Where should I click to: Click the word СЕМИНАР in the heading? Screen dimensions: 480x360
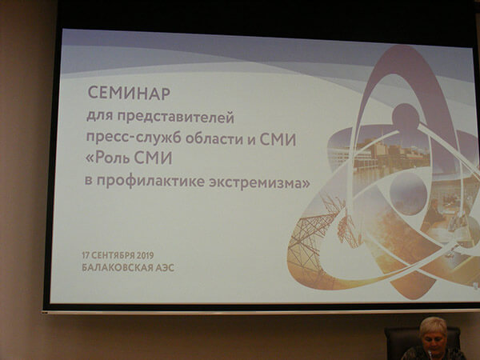129,93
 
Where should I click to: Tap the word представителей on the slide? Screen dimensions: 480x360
175,118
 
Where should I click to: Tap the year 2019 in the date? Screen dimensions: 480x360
146,255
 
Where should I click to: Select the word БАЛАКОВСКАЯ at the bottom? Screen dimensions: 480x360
118,267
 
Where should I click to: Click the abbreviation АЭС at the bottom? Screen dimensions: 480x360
165,268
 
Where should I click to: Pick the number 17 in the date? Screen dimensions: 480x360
86,255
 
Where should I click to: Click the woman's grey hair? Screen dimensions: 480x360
434,326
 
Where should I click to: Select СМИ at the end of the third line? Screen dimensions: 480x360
278,139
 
